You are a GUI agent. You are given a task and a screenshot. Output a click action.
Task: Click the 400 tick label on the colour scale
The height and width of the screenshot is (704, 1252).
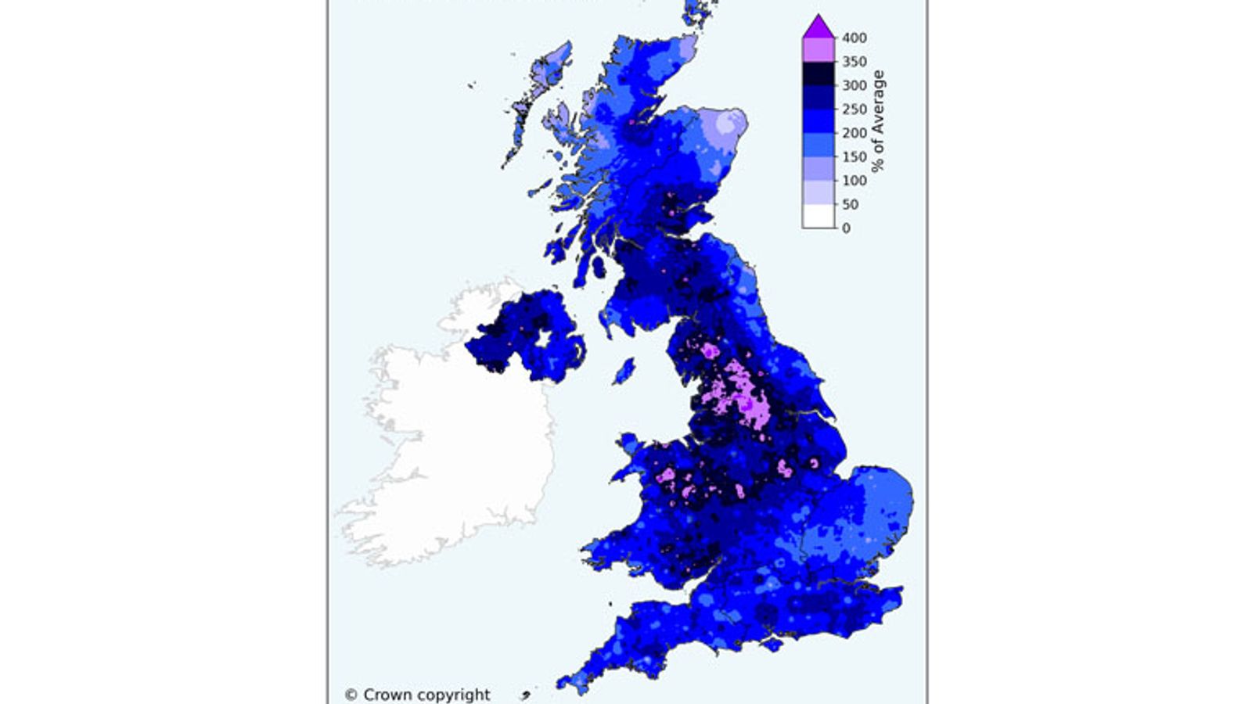854,38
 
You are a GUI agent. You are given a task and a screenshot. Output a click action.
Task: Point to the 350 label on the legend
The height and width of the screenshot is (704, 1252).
854,61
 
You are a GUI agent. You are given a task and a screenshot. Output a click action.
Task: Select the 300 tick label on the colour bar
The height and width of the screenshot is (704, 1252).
854,85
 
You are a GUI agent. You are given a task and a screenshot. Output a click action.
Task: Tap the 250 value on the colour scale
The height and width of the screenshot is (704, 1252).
854,110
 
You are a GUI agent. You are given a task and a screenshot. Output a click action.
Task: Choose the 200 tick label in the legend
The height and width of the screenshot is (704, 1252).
854,133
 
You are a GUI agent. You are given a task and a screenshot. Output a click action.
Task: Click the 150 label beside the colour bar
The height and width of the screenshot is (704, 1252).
854,156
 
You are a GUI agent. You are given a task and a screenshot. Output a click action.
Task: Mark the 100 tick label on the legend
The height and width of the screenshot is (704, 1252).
854,180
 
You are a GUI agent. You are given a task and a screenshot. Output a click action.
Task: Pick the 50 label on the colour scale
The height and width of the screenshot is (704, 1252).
850,204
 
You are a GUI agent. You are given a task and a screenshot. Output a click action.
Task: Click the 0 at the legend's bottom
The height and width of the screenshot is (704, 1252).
846,228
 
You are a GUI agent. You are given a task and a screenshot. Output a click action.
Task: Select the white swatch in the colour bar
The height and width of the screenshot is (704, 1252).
818,216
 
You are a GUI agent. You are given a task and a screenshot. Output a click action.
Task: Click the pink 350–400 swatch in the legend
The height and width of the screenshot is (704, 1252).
818,49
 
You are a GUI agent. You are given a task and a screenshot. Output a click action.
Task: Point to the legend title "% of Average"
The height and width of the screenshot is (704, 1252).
878,121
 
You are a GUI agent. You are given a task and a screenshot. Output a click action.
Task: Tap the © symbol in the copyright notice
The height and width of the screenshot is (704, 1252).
351,695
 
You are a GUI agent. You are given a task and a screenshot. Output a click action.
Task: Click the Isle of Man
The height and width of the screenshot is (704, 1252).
624,371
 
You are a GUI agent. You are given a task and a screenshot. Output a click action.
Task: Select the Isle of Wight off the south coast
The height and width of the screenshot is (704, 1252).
771,645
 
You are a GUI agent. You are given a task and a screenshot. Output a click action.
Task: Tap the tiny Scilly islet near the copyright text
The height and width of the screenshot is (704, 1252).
525,695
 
